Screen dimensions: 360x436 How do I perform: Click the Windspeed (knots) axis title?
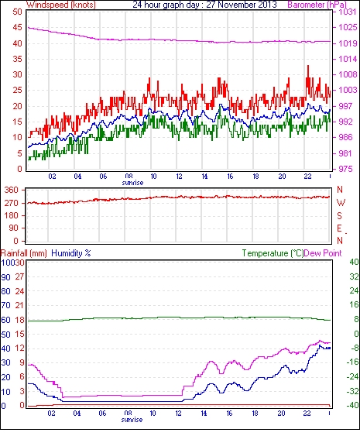click(x=61, y=5)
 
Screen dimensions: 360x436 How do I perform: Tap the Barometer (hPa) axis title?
click(x=317, y=5)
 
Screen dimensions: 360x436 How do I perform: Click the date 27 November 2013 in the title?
click(x=242, y=5)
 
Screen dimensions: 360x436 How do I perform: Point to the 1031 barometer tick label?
click(x=348, y=12)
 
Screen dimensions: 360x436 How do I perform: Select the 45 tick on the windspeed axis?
click(x=18, y=28)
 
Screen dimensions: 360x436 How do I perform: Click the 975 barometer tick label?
click(x=345, y=169)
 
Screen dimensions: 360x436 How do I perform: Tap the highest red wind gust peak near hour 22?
click(x=308, y=66)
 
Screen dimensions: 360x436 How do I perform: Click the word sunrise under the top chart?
click(x=132, y=183)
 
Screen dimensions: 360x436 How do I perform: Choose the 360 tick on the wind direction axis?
click(x=12, y=191)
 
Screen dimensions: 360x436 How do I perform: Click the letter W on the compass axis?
click(x=341, y=203)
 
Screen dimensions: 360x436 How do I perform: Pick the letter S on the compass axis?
click(x=339, y=215)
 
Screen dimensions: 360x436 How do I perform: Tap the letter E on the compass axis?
click(x=339, y=228)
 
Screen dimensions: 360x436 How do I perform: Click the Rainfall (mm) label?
click(x=24, y=253)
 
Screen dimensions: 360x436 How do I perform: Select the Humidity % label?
click(x=71, y=253)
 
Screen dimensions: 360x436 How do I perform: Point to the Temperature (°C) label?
click(x=273, y=253)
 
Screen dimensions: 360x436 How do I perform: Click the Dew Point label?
click(x=323, y=253)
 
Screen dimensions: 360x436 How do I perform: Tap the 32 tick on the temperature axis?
click(x=354, y=276)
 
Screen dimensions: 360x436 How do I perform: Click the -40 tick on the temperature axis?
click(x=352, y=406)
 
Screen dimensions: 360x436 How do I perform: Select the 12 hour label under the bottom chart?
click(x=178, y=414)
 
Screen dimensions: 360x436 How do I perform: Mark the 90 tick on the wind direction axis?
click(x=13, y=228)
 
